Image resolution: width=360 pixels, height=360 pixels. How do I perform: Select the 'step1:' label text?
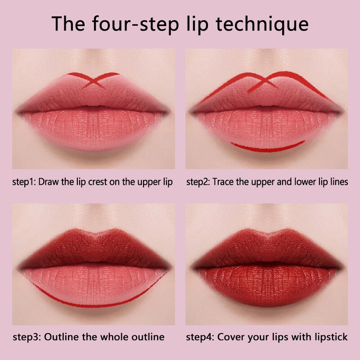(x=25, y=182)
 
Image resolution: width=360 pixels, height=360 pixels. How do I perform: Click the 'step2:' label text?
(x=198, y=182)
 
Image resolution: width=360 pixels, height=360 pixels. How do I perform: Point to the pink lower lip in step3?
(x=94, y=281)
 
